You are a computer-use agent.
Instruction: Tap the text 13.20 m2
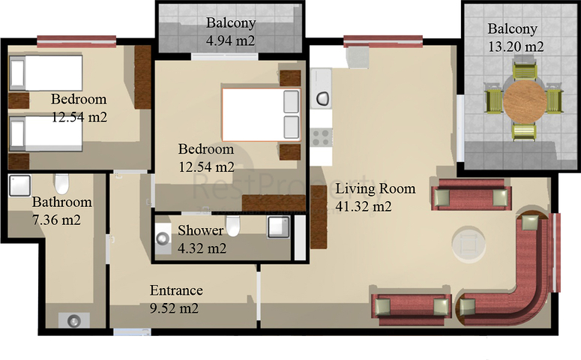tap(514, 46)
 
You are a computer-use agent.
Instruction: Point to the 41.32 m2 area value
tap(364, 206)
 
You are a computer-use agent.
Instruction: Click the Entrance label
tap(176, 291)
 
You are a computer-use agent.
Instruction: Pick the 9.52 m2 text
tap(173, 308)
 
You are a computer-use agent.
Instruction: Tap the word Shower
tap(200, 230)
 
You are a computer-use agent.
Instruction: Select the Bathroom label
tap(61, 202)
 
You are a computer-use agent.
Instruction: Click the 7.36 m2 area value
tap(56, 220)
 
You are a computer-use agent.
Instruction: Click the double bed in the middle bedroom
tap(260, 115)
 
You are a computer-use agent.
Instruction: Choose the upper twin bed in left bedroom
tap(45, 73)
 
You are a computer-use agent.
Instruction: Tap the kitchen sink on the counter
tap(323, 97)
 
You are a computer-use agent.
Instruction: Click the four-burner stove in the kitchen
tap(322, 137)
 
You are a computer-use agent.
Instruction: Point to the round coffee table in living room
tap(469, 243)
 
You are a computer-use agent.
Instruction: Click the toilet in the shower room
tap(234, 225)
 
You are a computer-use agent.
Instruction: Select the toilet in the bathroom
tap(61, 184)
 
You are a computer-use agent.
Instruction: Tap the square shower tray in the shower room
tap(278, 227)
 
